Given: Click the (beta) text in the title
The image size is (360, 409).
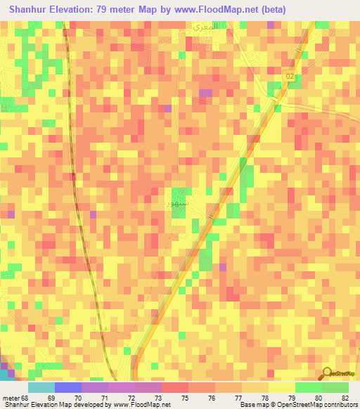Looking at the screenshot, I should click(270, 11).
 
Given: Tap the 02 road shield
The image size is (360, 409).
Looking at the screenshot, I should click(290, 75).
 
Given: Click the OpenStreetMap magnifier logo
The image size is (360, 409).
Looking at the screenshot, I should click(328, 373).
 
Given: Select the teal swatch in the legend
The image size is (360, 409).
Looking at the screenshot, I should click(41, 387).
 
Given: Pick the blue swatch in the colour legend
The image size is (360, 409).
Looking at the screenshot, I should click(68, 387).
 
